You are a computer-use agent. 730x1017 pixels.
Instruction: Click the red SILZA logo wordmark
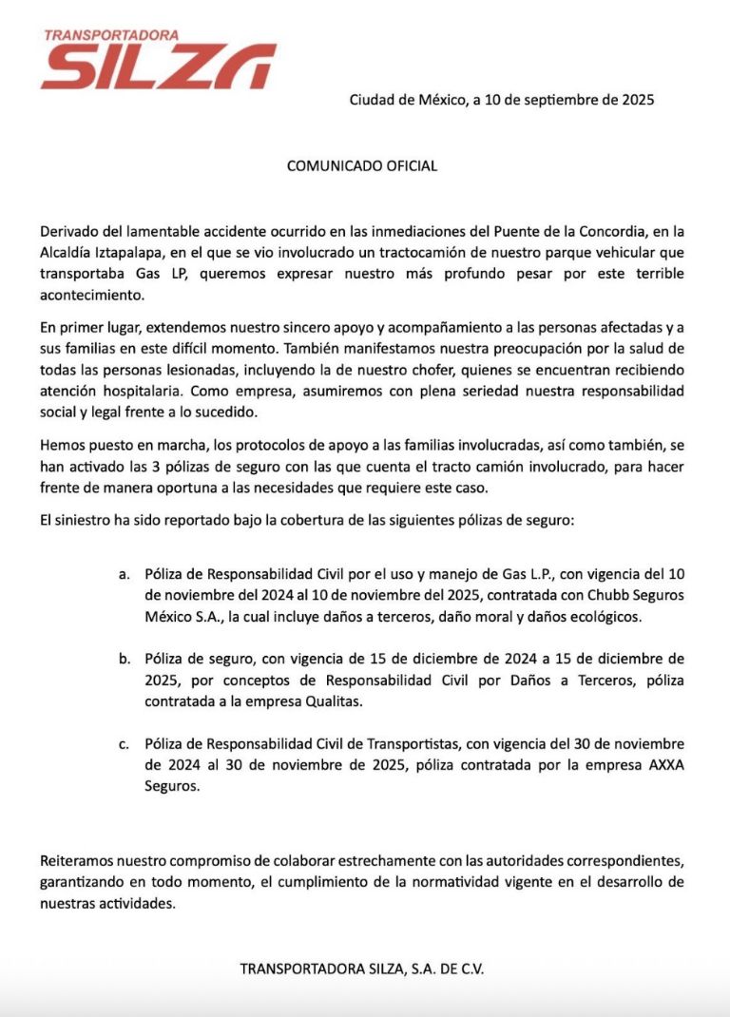pos(158,67)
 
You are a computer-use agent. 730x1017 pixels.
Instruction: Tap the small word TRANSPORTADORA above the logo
pos(111,35)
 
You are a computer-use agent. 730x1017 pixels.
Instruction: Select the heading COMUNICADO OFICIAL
pos(362,165)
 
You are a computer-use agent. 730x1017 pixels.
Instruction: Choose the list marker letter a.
pos(124,575)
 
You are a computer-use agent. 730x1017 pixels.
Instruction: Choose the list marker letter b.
pos(124,659)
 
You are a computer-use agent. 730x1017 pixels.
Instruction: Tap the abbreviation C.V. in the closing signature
pos(471,969)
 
